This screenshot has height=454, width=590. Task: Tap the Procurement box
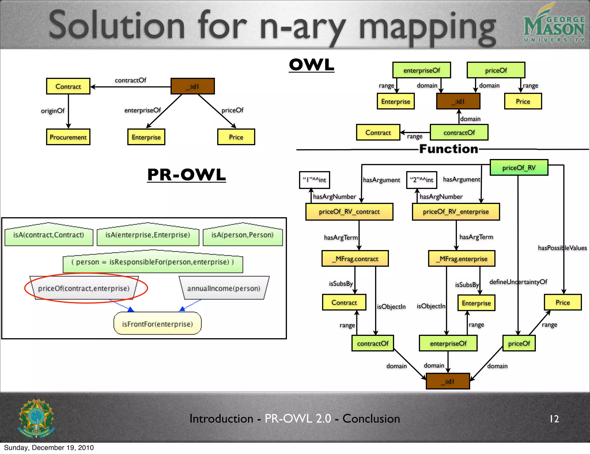[x=68, y=137]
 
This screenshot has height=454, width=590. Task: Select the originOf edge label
[x=53, y=111]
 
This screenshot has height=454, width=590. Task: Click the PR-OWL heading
[x=186, y=175]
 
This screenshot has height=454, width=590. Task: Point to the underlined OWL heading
[x=311, y=65]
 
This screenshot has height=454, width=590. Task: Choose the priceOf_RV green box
[x=519, y=167]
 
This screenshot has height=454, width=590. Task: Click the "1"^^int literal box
[x=314, y=180]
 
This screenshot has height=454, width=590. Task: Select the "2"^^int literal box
[x=421, y=180]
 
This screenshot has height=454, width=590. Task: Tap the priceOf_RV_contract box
[x=349, y=211]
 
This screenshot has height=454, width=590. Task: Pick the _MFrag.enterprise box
[x=462, y=258]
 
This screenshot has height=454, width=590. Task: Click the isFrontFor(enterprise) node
[x=157, y=324]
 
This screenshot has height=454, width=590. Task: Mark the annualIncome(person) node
[x=224, y=288]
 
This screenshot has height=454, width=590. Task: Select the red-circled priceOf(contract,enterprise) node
[x=84, y=288]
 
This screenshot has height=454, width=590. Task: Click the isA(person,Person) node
[x=243, y=235]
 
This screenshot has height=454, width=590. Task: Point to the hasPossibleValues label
[x=562, y=248]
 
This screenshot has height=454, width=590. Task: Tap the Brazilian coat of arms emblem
[x=36, y=418]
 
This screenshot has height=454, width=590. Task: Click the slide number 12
[x=554, y=419]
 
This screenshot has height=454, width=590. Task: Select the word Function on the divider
[x=449, y=149]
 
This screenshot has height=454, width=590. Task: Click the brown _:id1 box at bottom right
[x=448, y=381]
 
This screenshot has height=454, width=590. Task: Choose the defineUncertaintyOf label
[x=518, y=282]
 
